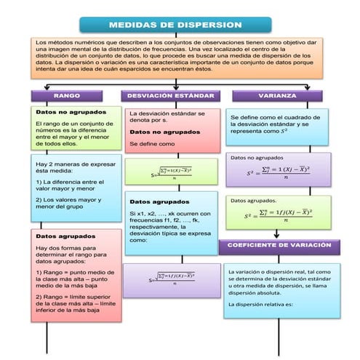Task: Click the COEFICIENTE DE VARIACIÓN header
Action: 279,246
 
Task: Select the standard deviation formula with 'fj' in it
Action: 172,279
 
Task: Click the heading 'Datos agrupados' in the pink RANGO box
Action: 65,236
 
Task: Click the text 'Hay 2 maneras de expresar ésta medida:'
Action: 75,168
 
